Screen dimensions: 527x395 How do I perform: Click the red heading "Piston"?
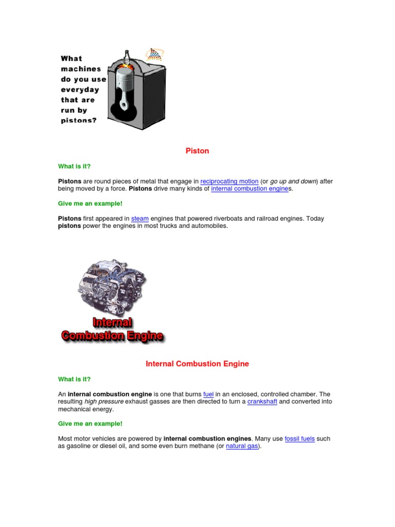tap(197, 151)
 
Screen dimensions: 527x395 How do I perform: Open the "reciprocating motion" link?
tap(229, 181)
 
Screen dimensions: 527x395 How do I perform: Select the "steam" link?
tap(140, 219)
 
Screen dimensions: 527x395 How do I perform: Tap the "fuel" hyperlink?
tap(208, 394)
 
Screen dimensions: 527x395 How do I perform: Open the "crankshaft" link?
tap(262, 402)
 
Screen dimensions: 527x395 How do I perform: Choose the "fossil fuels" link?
tap(299, 439)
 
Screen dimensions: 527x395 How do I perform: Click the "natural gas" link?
tap(242, 447)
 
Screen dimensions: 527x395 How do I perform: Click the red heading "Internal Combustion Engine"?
tap(197, 364)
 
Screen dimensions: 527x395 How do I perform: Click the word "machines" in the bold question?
tap(81, 69)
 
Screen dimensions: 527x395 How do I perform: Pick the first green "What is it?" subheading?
tap(74, 166)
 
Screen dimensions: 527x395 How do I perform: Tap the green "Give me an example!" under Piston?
tap(90, 204)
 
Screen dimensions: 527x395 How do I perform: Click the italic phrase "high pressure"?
tap(104, 402)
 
